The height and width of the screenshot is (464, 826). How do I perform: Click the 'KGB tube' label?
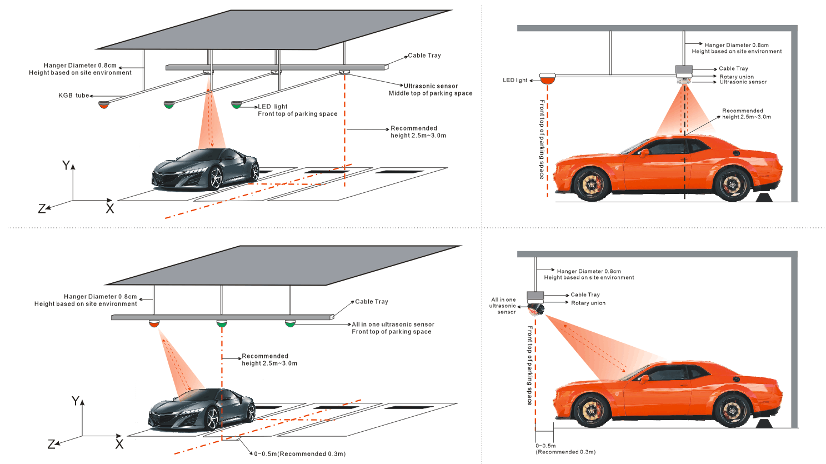tap(73, 96)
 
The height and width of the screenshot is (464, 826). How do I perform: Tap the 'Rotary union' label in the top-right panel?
tap(737, 77)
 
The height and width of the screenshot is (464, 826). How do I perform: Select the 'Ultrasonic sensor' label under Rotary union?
tap(743, 82)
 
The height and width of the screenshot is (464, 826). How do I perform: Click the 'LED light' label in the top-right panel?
tap(515, 81)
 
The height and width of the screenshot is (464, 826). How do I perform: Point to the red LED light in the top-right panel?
tap(548, 79)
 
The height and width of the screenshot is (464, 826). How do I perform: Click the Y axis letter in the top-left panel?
tap(66, 166)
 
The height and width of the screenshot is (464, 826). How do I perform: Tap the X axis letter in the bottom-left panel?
tap(119, 444)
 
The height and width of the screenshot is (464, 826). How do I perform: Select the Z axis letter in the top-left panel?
tap(42, 209)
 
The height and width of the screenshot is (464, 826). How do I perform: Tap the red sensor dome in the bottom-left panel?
tap(154, 323)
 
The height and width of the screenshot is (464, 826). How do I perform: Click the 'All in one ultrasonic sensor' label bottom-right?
tap(503, 306)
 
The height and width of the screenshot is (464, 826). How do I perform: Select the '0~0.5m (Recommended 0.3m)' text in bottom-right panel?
tap(565, 449)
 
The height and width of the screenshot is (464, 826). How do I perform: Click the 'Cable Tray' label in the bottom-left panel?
tap(372, 302)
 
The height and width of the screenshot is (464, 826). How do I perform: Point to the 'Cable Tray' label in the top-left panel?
tap(424, 56)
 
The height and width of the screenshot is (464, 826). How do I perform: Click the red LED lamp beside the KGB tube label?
tap(104, 104)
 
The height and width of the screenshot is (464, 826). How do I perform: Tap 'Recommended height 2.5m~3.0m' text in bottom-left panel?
tap(269, 360)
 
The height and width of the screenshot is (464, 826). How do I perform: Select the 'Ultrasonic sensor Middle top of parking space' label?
tap(430, 90)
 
